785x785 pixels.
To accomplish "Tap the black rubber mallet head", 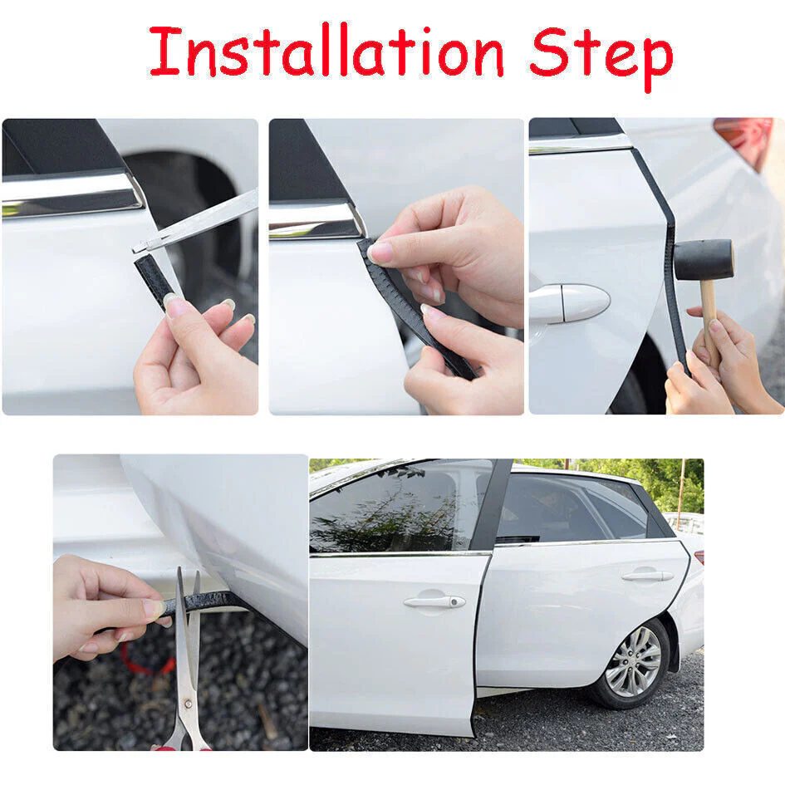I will [x=704, y=259].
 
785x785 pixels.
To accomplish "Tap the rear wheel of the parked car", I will [x=633, y=661].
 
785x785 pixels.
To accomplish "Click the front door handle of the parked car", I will [x=434, y=601].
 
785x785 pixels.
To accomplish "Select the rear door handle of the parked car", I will [x=648, y=575].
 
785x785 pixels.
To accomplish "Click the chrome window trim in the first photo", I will [x=71, y=193].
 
